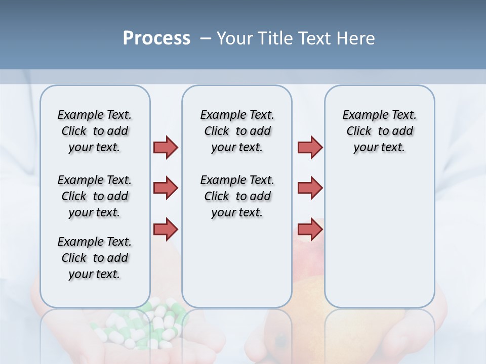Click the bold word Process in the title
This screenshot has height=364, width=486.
click(156, 38)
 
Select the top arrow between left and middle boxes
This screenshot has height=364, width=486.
click(166, 147)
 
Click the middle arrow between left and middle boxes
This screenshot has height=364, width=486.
click(166, 188)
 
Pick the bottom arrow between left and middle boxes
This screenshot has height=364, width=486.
click(166, 229)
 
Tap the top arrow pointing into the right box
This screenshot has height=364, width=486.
click(310, 147)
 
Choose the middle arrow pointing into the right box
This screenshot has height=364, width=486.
click(310, 188)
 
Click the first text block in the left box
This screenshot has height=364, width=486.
click(95, 131)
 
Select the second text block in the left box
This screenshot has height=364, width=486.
click(95, 196)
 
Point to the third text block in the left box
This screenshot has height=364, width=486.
click(95, 258)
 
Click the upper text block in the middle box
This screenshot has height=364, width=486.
click(237, 131)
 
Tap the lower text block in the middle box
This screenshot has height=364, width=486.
click(237, 196)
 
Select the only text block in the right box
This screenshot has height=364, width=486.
click(379, 131)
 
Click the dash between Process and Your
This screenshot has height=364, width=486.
click(206, 38)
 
